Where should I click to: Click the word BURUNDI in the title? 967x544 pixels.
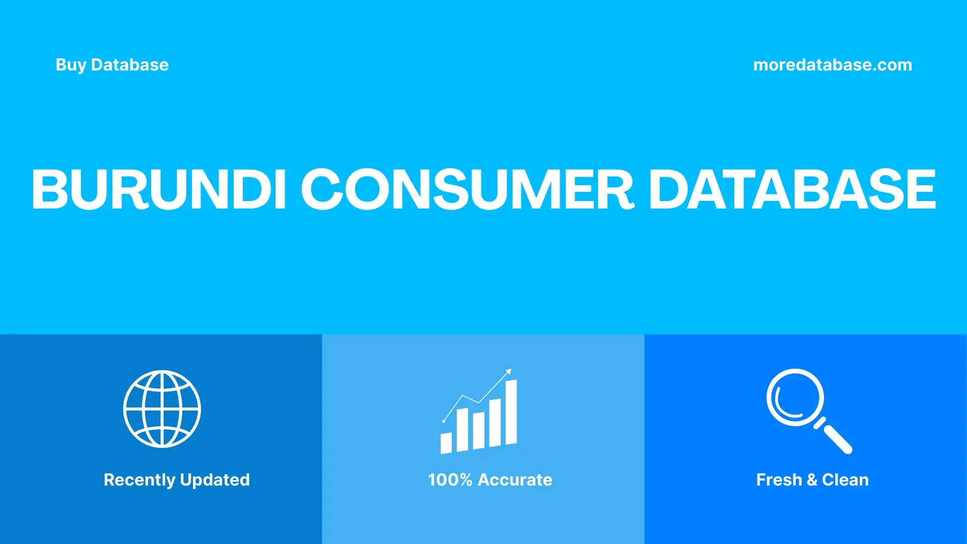coord(159,189)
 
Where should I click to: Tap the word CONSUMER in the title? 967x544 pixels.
coord(467,189)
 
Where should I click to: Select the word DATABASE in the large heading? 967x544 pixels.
coord(792,189)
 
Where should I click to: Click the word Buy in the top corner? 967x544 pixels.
coord(71,65)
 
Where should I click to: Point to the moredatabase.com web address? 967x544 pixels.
coord(832,65)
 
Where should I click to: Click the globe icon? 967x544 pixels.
coord(162,409)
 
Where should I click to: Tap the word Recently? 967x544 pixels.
coord(139,480)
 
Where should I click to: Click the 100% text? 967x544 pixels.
coord(450,480)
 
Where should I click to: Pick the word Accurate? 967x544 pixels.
coord(515,480)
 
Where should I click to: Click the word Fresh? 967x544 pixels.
coord(779,480)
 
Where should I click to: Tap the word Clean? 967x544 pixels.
coord(845,480)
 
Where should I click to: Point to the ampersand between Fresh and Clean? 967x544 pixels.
coord(812,480)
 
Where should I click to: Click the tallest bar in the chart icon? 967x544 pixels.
coord(511,413)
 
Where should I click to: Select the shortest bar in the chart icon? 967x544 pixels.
coord(446,443)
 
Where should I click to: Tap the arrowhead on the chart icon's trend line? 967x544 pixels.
coord(509,372)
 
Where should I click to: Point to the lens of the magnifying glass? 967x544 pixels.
coord(795,397)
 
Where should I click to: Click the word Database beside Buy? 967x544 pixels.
coord(130,65)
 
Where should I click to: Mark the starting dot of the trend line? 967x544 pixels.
coord(444,421)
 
